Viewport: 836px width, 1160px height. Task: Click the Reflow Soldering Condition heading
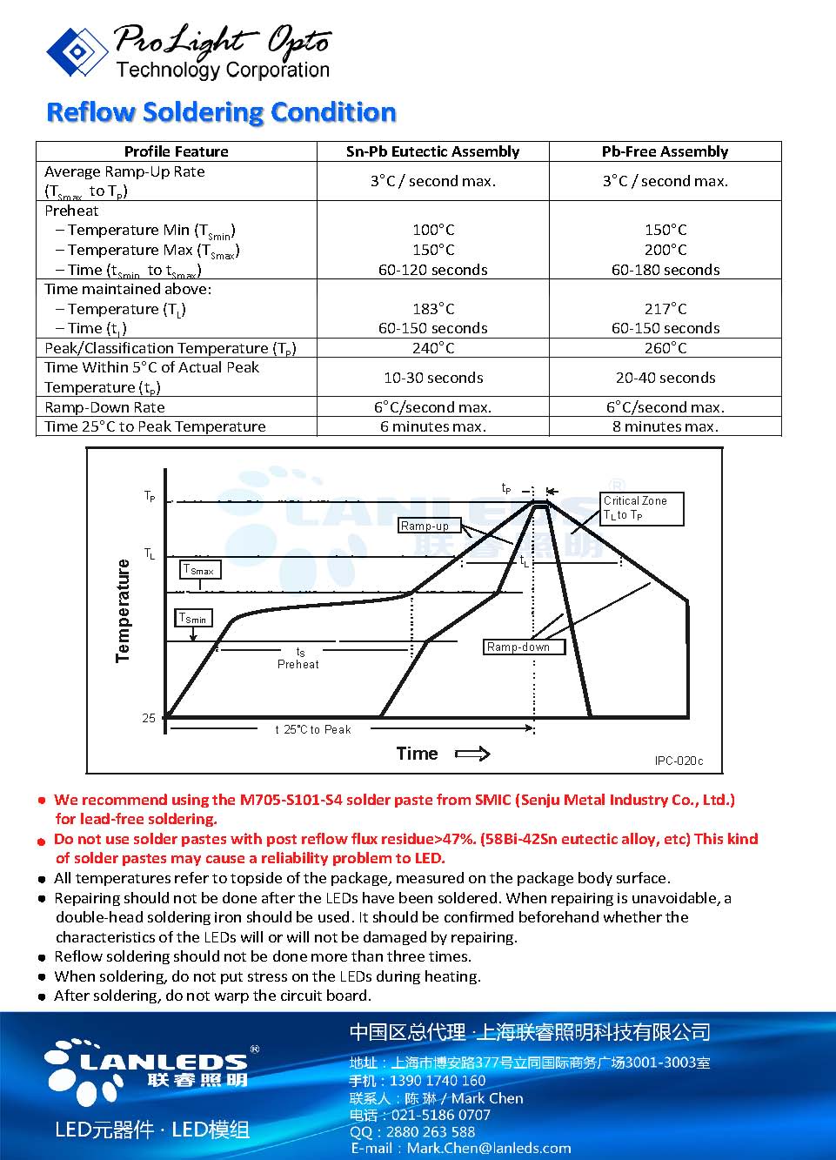click(x=221, y=112)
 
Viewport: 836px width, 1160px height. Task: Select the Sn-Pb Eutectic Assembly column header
click(x=432, y=151)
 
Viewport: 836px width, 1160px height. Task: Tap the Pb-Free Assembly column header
click(x=665, y=151)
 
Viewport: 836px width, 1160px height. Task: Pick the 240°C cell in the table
click(x=432, y=348)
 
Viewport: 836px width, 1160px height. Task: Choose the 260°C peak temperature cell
click(x=665, y=348)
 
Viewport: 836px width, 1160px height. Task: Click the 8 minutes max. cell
click(x=665, y=426)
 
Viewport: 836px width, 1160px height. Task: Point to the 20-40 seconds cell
click(x=665, y=378)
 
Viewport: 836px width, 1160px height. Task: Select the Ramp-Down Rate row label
click(x=104, y=407)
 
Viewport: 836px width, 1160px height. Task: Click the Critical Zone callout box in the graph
click(x=642, y=508)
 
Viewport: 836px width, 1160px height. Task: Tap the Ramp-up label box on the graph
click(x=425, y=526)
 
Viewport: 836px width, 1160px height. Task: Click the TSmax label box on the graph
click(x=199, y=570)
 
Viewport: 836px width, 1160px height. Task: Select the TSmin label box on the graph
click(x=193, y=619)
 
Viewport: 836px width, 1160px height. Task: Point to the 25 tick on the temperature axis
click(x=149, y=718)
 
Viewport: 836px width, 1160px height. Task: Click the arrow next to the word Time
click(x=472, y=754)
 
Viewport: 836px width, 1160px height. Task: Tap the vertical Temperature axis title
click(x=123, y=610)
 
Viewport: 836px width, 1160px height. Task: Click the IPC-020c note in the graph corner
click(x=679, y=761)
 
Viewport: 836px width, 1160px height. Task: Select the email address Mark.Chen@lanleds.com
click(x=489, y=1148)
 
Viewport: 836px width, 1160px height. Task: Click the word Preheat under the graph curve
click(x=298, y=664)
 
